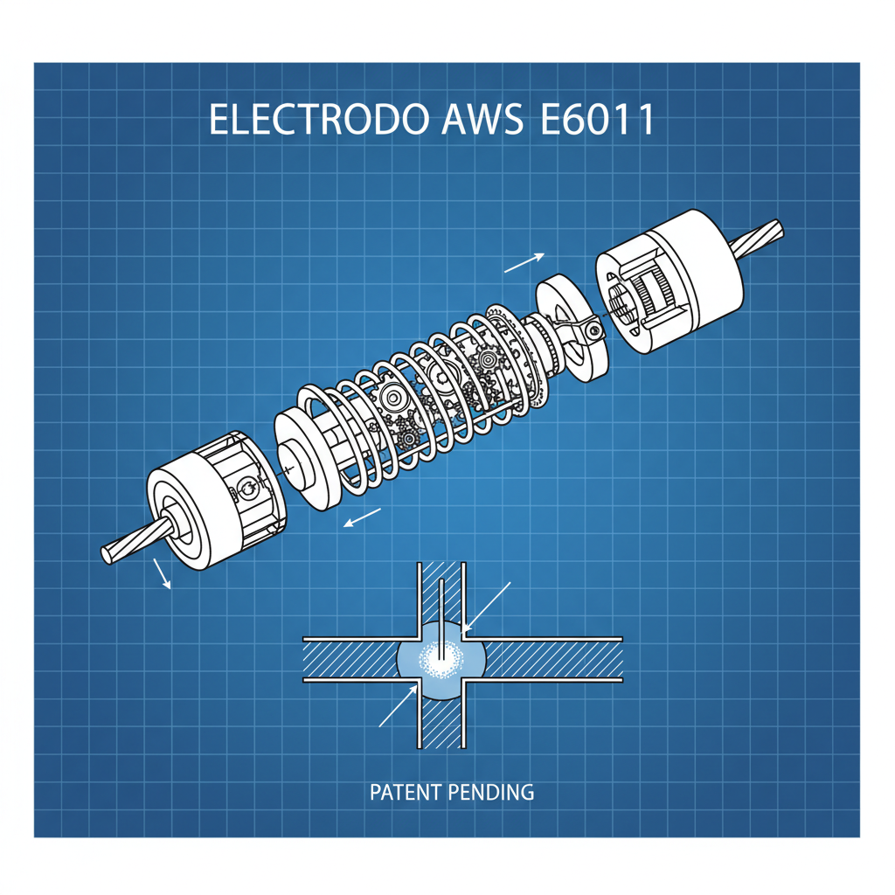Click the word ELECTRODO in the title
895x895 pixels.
[316, 121]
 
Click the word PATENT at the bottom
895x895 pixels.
[406, 793]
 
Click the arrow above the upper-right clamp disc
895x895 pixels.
[524, 262]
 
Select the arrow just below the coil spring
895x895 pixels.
[362, 517]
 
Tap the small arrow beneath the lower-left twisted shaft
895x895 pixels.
[163, 573]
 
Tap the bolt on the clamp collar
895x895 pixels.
[594, 330]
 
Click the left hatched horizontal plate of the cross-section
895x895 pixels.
[350, 658]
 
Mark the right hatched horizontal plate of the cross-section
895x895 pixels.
[551, 658]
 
